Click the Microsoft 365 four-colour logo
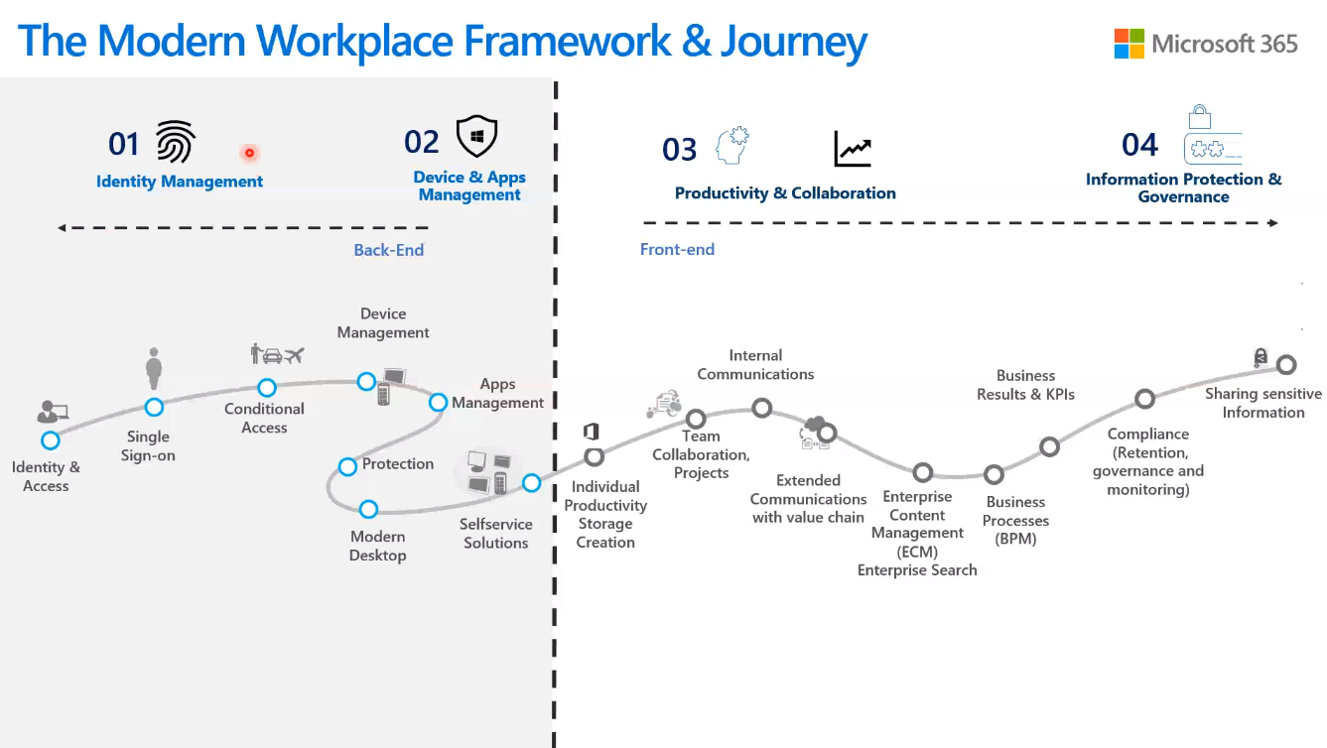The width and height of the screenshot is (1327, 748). (1128, 44)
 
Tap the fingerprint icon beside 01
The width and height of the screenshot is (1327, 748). (176, 142)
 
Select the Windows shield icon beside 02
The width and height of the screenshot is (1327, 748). (476, 136)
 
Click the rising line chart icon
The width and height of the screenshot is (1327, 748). (853, 149)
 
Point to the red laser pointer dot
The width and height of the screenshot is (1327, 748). (249, 153)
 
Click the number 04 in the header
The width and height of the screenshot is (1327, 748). (1139, 145)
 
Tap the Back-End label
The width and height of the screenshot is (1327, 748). (389, 250)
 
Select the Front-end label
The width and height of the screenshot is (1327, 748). (677, 249)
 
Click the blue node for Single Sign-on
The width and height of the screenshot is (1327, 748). (154, 408)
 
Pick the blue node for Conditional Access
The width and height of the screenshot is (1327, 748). (267, 387)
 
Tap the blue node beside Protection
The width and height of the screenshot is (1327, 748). (347, 466)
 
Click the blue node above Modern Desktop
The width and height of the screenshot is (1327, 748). (368, 509)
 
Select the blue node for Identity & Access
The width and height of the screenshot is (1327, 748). (51, 440)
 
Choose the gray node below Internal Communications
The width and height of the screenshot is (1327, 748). (762, 408)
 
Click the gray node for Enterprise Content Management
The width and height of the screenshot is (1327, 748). (922, 472)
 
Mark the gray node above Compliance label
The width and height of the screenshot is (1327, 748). (1145, 399)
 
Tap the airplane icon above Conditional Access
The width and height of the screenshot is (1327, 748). (295, 355)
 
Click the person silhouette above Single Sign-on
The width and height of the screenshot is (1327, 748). (154, 368)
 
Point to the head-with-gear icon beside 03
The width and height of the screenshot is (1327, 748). (732, 145)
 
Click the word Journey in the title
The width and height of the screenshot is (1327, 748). (794, 42)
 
